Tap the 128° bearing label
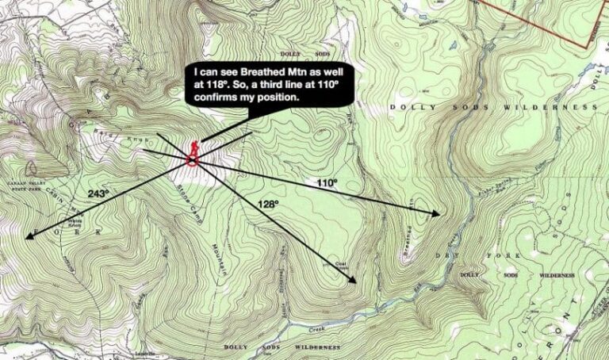tap(269, 204)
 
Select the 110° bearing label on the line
tap(327, 183)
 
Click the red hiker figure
tap(193, 148)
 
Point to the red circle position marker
tap(193, 161)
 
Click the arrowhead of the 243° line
tap(29, 236)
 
